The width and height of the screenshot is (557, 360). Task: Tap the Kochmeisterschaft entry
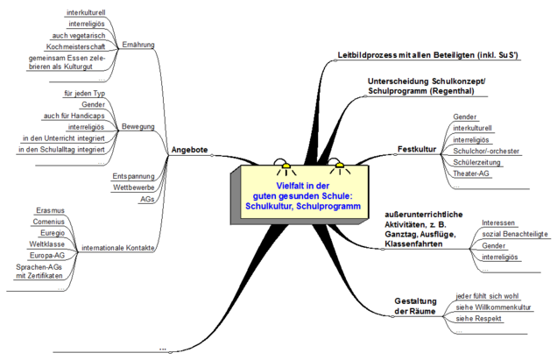click(x=76, y=46)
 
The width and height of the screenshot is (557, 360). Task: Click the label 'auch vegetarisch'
click(x=84, y=35)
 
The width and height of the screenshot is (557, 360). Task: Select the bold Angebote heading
click(x=189, y=150)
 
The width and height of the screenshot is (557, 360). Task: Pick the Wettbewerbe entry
click(x=133, y=187)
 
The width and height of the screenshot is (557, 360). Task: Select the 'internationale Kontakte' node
click(x=118, y=249)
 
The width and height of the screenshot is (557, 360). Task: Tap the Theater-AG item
click(x=473, y=173)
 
